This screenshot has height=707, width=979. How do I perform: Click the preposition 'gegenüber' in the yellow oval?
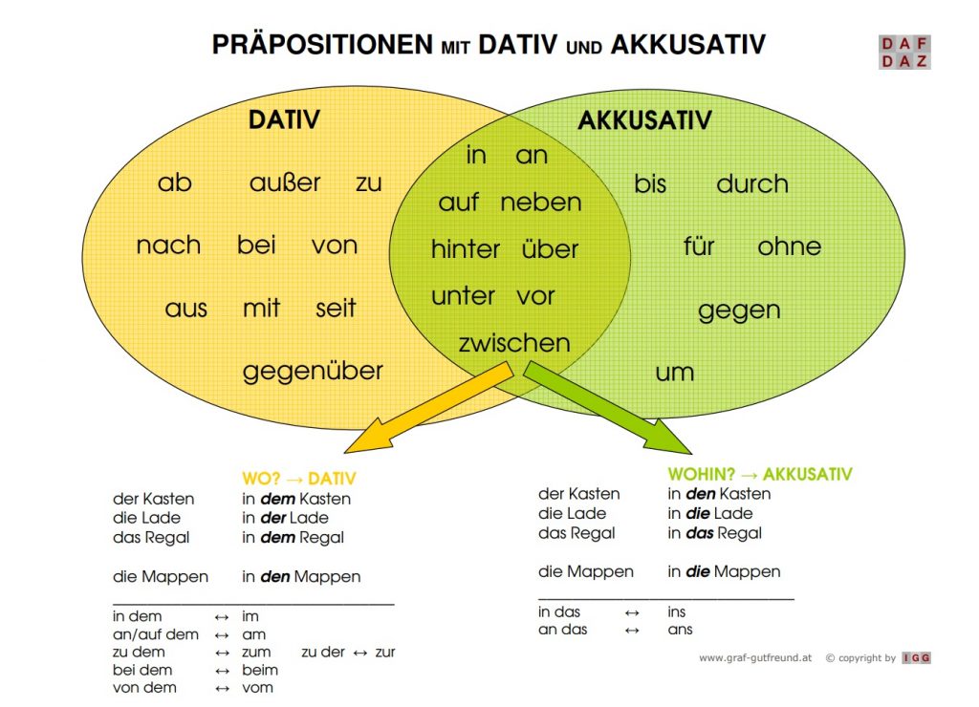pos(313,372)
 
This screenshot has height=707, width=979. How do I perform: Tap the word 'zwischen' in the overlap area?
pos(514,343)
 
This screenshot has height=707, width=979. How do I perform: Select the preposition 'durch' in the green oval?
pos(752,184)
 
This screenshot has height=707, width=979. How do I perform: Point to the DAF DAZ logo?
pos(904,52)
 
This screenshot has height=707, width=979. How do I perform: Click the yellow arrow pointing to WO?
pos(429,409)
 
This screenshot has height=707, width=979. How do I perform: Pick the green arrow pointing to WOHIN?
pos(607,408)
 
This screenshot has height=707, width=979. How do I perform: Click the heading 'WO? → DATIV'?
pos(299,479)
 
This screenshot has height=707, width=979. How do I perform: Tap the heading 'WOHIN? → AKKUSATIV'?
pos(760,474)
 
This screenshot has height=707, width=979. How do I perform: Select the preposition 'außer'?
pos(285,182)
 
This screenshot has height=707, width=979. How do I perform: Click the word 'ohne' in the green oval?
pos(789,246)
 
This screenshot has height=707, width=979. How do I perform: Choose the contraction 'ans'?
pos(680,630)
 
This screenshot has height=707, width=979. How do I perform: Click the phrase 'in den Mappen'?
pos(301,576)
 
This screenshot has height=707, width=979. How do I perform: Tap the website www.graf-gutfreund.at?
pos(755,657)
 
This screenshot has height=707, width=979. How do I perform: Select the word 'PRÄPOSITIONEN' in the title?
pos(322,44)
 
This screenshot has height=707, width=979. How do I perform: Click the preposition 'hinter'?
pos(466,249)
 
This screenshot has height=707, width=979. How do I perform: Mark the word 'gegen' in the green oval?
pos(739,311)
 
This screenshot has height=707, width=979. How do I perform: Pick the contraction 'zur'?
pos(385,653)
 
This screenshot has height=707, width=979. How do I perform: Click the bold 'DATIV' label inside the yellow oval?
pos(284,119)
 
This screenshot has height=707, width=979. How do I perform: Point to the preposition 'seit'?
pos(336,308)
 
